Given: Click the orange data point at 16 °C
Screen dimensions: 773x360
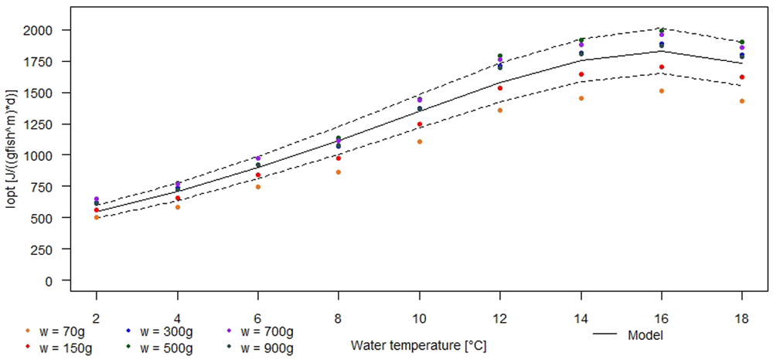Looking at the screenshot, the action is (661, 91).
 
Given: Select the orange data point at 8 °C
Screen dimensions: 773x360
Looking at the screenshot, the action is (339, 172).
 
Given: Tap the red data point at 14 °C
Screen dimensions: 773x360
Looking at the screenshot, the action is (581, 74).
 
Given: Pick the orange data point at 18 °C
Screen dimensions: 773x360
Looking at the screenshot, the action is (741, 101).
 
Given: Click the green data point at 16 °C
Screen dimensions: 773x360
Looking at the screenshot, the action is (661, 31).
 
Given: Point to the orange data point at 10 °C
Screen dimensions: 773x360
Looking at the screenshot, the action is (420, 142).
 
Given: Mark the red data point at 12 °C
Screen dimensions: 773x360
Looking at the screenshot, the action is (500, 88).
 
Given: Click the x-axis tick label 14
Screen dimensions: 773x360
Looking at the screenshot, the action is (581, 318).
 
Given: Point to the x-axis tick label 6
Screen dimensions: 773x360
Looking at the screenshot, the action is (258, 318).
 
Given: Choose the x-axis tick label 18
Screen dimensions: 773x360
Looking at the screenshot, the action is (741, 318).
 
